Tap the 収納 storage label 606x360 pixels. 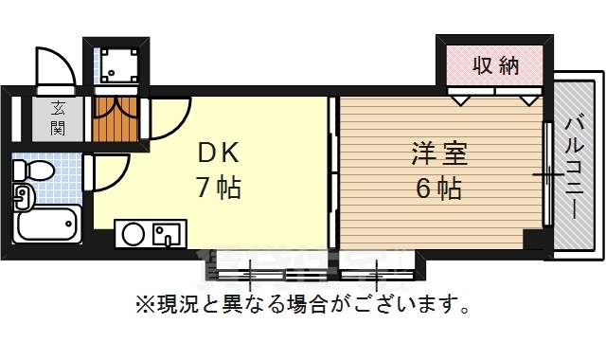pyautogui.click(x=495, y=66)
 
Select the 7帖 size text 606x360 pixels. pyautogui.click(x=219, y=188)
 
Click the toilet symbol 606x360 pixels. pyautogui.click(x=34, y=171)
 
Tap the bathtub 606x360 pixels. pyautogui.click(x=47, y=225)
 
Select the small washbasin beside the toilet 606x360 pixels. pyautogui.click(x=23, y=197)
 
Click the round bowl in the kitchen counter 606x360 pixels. pyautogui.click(x=133, y=233)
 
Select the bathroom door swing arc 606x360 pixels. pyautogui.click(x=108, y=172)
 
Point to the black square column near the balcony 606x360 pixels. pyautogui.click(x=536, y=239)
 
